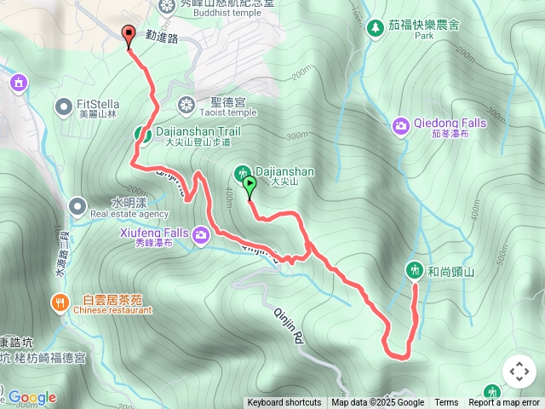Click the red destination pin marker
pyautogui.click(x=129, y=36)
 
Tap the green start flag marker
pyautogui.click(x=249, y=183)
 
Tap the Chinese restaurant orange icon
pyautogui.click(x=60, y=302)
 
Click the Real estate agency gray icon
pyautogui.click(x=77, y=205)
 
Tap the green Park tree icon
pyautogui.click(x=375, y=29)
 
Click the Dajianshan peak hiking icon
pyautogui.click(x=242, y=173)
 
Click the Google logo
pyautogui.click(x=32, y=397)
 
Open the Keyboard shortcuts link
pyautogui.click(x=284, y=403)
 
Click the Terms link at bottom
pyautogui.click(x=446, y=403)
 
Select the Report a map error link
pyautogui.click(x=504, y=403)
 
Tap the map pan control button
pyautogui.click(x=519, y=372)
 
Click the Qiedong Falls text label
pyautogui.click(x=450, y=123)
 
